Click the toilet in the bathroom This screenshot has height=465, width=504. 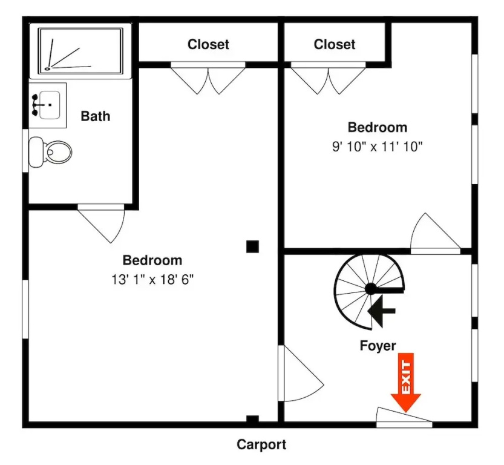[x=50, y=152]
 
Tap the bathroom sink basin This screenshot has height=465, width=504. [x=49, y=105]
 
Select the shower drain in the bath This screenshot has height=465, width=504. [x=48, y=68]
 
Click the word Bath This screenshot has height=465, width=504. [x=96, y=116]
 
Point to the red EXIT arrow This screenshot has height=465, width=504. [x=405, y=383]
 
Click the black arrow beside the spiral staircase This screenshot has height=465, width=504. [x=382, y=311]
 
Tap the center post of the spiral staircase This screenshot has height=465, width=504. [x=371, y=289]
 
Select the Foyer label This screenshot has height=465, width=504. [x=378, y=346]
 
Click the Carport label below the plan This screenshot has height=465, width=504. [x=261, y=445]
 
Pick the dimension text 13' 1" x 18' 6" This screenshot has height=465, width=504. [x=152, y=280]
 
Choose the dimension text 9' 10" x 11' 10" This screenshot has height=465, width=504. [x=377, y=147]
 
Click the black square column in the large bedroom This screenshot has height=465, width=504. [x=252, y=246]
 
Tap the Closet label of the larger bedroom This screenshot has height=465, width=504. [x=208, y=44]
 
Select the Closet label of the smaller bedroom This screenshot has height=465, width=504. [x=334, y=44]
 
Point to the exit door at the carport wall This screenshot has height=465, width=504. [x=404, y=417]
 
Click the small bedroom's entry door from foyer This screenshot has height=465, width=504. [x=436, y=234]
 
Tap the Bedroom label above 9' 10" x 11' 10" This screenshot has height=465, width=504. [x=378, y=127]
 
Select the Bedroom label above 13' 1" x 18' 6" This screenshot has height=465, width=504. [x=152, y=260]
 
